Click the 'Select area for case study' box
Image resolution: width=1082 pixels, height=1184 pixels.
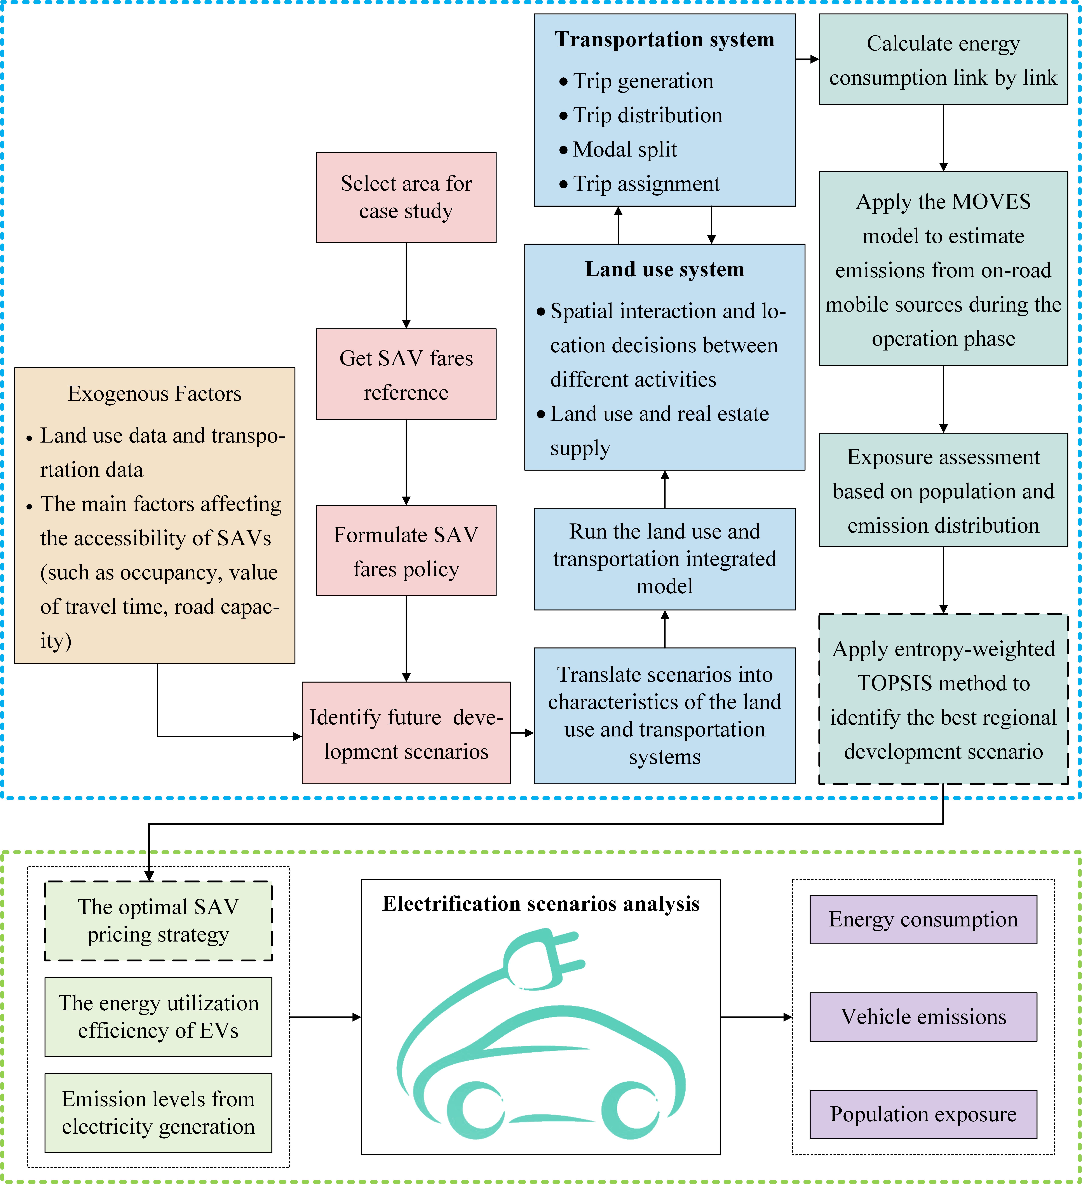coord(406,197)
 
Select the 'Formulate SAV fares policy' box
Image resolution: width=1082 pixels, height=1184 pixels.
coord(406,551)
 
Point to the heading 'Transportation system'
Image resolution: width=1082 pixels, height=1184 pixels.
coord(664,39)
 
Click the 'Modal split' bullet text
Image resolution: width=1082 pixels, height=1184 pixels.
coord(624,150)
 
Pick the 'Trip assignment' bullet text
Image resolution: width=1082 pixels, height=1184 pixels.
coord(646,184)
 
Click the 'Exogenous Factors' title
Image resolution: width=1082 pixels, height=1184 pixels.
coord(155,394)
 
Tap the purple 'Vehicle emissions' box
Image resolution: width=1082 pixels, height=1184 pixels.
coord(923,1017)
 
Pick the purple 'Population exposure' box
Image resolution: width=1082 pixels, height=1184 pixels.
coord(923,1114)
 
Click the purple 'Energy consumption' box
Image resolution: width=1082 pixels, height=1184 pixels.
coord(923,919)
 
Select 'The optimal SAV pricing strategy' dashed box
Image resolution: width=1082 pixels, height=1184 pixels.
coord(158,920)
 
